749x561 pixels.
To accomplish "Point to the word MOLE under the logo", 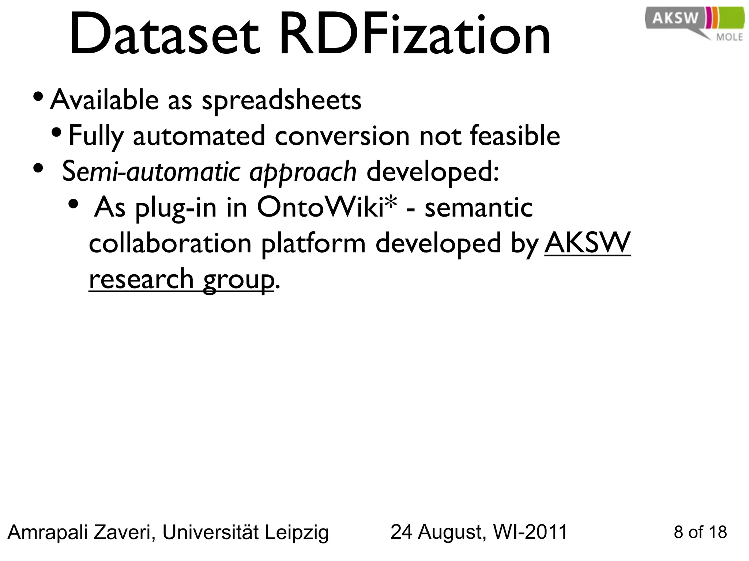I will click(729, 37).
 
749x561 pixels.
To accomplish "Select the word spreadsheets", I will click(282, 100).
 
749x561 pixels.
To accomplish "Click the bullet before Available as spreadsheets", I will click(38, 97).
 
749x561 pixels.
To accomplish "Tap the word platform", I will click(313, 244).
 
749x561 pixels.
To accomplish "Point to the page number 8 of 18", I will click(700, 533).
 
